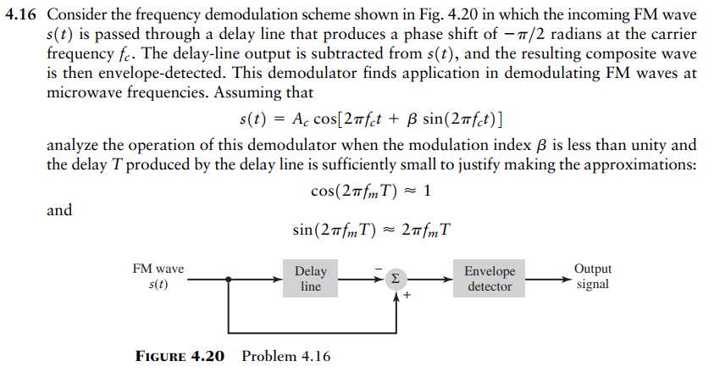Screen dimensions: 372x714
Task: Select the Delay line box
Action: [x=311, y=279]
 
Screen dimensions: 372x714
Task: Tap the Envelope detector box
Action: [x=490, y=279]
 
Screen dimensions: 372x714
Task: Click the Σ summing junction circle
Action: [x=396, y=279]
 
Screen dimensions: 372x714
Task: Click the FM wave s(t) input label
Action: [x=158, y=277]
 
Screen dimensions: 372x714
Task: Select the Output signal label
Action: [x=592, y=277]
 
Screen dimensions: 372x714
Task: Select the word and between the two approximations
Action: [x=59, y=210]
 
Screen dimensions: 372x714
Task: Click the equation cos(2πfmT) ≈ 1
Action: [x=372, y=191]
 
